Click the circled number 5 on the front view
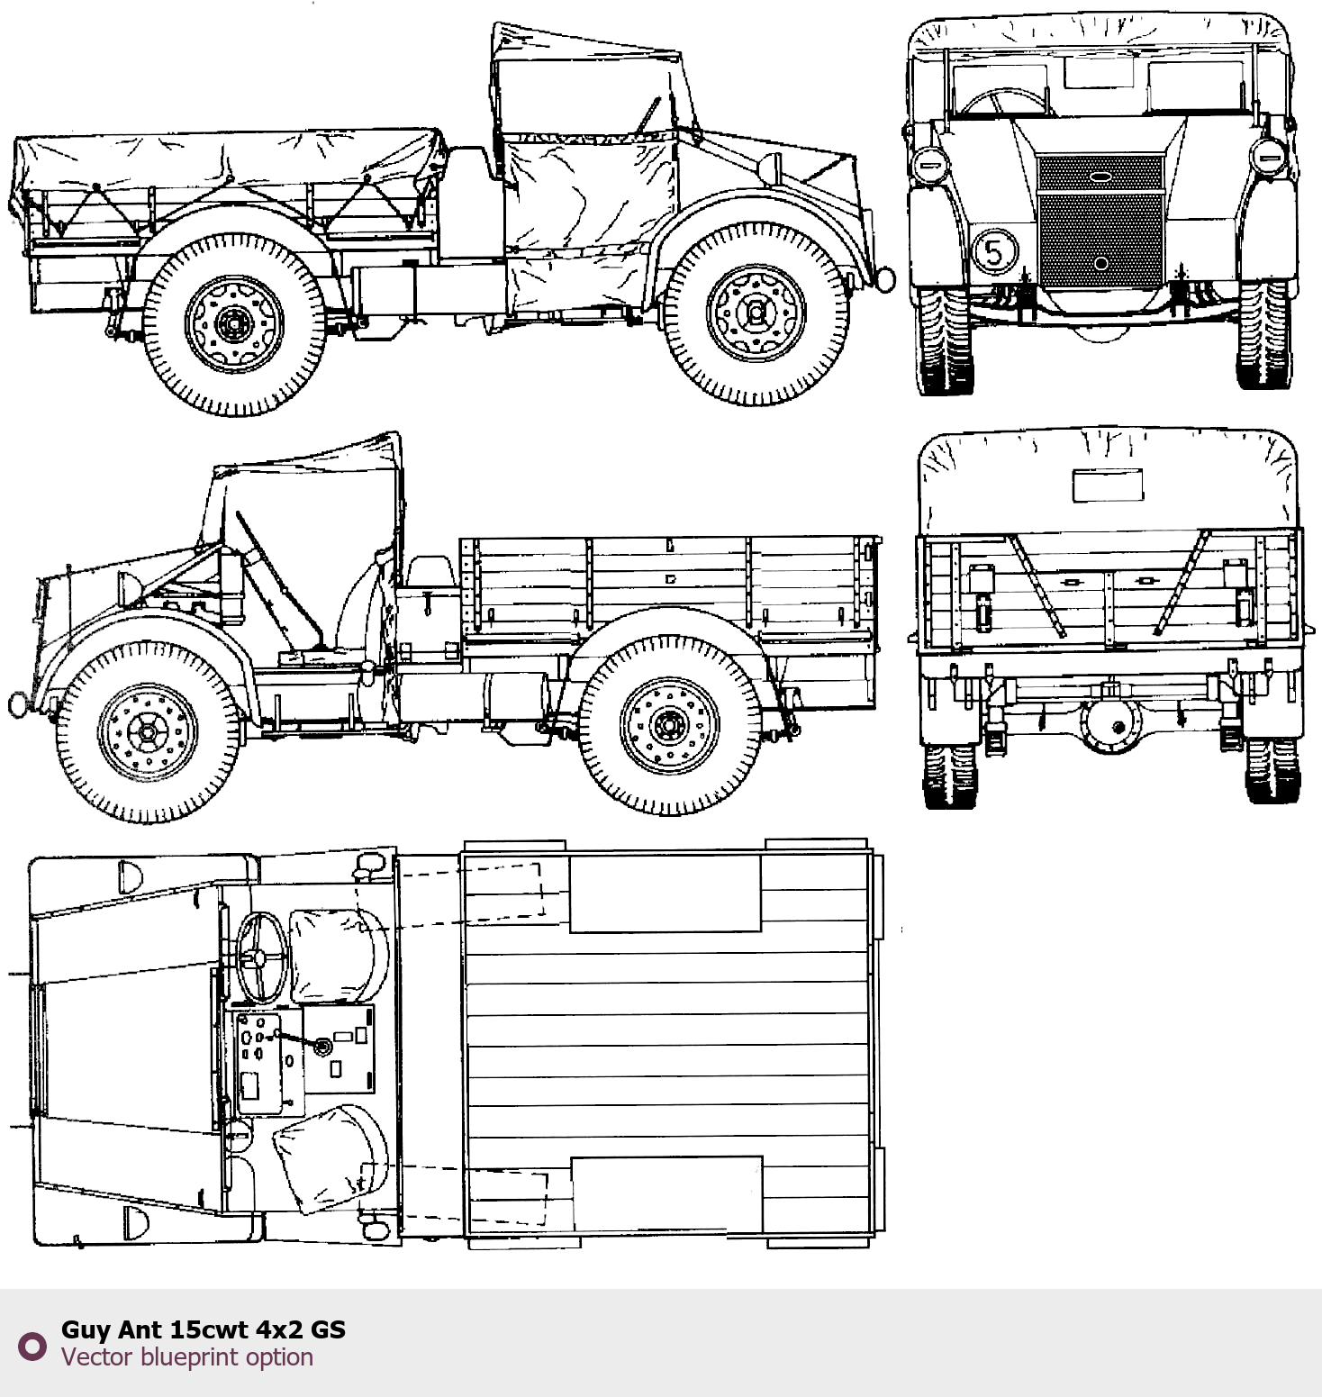[995, 250]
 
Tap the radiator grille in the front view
[1100, 222]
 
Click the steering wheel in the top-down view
[261, 957]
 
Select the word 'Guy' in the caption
[86, 1330]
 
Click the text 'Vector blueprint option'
[187, 1357]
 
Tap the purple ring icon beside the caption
[32, 1347]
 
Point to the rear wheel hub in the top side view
[234, 323]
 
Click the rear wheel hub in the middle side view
[669, 724]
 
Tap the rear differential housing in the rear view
[1110, 721]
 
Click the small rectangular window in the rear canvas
[1108, 485]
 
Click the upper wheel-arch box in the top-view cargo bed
[665, 894]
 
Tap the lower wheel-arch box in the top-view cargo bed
[667, 1195]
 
